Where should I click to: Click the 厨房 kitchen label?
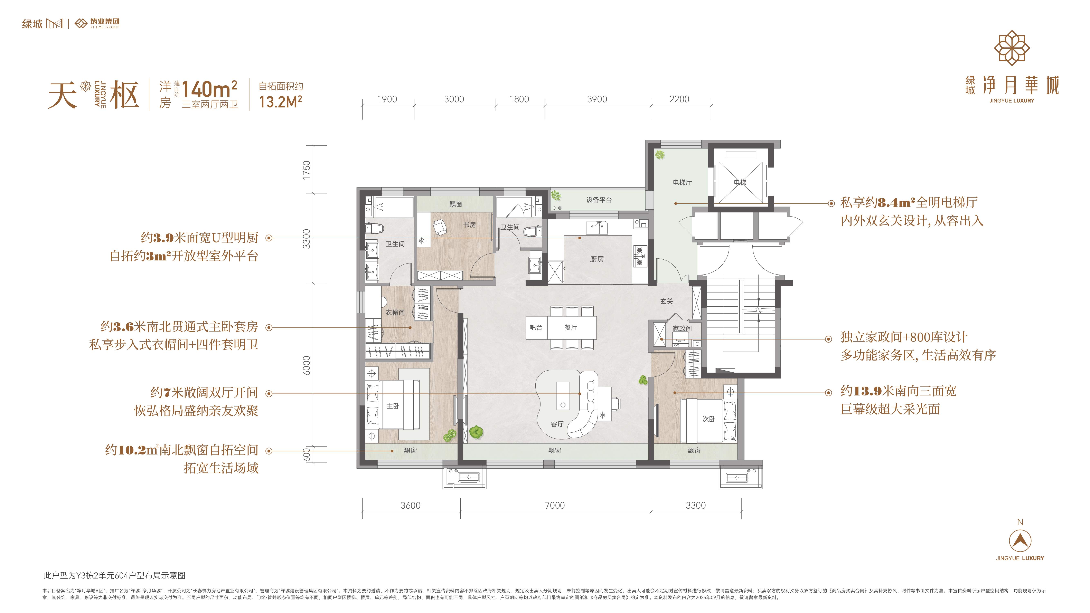coord(597,259)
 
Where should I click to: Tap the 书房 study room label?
coord(469,225)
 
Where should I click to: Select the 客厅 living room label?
coord(557,424)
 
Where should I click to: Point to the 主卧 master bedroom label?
coord(393,406)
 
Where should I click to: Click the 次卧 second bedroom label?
coord(709,419)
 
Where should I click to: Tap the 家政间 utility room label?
coord(682,328)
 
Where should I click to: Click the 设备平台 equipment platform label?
coord(599,200)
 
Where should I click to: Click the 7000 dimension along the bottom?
coord(555,505)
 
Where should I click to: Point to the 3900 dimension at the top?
coord(597,99)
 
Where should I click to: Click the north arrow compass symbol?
coord(1020,540)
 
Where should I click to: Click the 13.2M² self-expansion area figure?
coord(281,102)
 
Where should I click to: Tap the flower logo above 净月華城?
coord(1012,48)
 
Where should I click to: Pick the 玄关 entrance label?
coord(666,301)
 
